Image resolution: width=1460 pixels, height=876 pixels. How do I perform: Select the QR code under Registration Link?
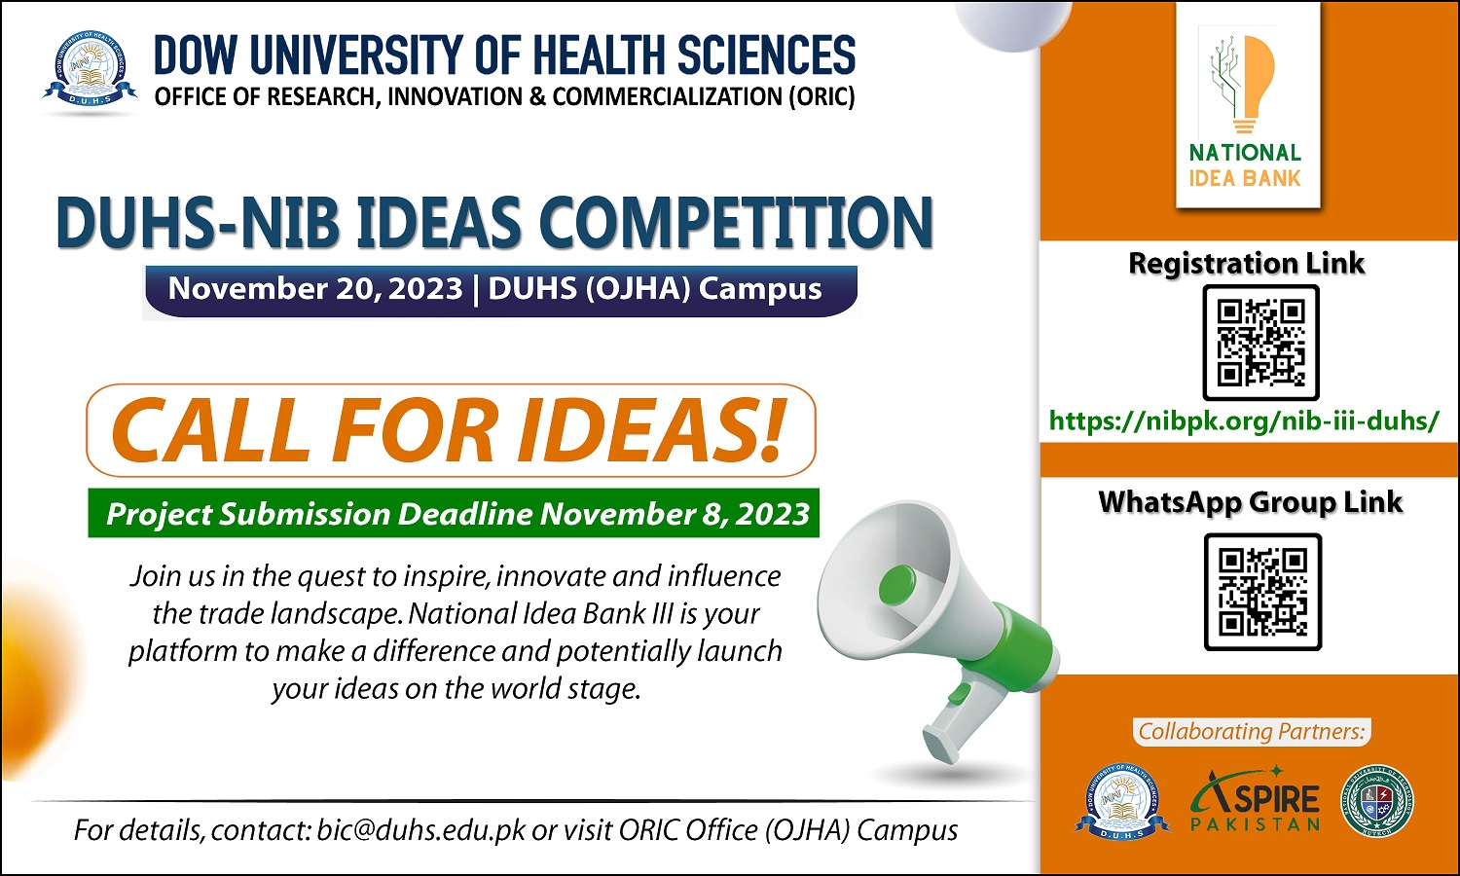click(1260, 343)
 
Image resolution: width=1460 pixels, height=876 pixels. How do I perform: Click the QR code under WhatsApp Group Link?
click(1262, 592)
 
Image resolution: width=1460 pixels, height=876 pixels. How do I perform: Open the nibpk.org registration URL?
click(1244, 421)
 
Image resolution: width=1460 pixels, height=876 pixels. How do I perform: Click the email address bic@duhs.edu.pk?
click(421, 829)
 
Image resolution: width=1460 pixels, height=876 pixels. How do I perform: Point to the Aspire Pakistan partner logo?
click(1256, 800)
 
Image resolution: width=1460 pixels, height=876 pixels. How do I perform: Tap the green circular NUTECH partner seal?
click(1376, 800)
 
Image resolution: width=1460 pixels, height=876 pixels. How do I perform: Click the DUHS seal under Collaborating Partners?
click(1121, 801)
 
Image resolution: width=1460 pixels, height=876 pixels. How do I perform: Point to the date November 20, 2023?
click(315, 288)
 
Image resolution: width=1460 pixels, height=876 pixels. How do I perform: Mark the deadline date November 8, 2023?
click(675, 514)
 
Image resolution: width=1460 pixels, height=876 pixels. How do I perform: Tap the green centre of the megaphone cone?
click(896, 585)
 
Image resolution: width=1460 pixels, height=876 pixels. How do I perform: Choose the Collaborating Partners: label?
click(1252, 731)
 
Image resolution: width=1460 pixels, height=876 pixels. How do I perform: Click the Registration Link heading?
click(1246, 264)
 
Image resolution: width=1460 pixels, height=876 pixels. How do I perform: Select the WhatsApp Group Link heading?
click(1250, 502)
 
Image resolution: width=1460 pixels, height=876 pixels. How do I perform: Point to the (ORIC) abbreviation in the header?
click(821, 96)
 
